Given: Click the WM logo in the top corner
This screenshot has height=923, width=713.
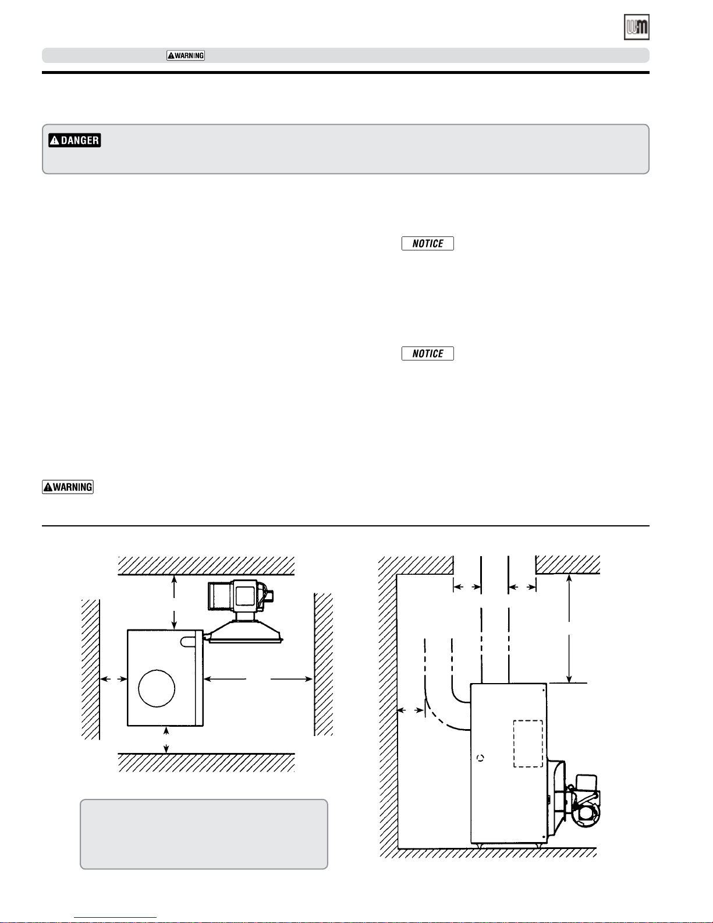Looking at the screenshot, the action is (x=636, y=27).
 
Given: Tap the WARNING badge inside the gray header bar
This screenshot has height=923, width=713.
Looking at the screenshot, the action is (x=186, y=55).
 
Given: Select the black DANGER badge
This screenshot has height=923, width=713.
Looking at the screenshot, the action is (x=75, y=140).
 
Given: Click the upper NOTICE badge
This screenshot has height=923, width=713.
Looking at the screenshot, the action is (x=427, y=243).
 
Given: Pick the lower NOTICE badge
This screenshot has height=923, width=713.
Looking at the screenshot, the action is (x=427, y=353).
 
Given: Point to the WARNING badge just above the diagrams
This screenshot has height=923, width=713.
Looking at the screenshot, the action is (x=68, y=487).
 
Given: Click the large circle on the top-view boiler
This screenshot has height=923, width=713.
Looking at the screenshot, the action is (x=157, y=688).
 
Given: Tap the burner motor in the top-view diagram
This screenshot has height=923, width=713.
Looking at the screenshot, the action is (x=240, y=596).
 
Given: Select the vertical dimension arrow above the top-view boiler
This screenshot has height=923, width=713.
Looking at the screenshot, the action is (x=174, y=602).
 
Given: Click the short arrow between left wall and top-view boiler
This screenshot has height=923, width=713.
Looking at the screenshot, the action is (x=113, y=679).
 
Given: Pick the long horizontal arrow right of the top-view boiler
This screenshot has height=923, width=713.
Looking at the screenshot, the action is (x=258, y=679).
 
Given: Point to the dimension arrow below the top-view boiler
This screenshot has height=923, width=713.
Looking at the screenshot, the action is (x=166, y=740).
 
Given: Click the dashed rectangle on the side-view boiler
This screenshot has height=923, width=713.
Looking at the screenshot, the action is (x=528, y=744).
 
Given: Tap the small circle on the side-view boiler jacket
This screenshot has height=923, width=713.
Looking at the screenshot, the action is (x=480, y=758).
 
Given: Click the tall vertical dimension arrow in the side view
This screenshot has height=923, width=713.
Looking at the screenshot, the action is (x=569, y=629).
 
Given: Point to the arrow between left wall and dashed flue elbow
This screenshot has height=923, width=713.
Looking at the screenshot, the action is (x=410, y=710).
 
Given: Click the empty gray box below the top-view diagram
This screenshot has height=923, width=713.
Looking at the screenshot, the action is (x=204, y=834).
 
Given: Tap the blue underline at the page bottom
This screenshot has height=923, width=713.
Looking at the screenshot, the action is (x=115, y=918).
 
